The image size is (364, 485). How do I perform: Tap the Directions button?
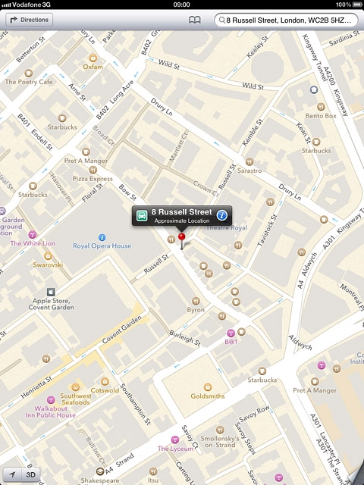pyautogui.click(x=30, y=20)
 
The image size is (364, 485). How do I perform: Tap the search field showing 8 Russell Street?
pyautogui.click(x=287, y=20)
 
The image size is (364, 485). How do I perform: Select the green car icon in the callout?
pyautogui.click(x=142, y=215)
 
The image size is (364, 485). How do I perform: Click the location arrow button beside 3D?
pyautogui.click(x=11, y=475)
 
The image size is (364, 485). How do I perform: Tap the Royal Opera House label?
pyautogui.click(x=102, y=246)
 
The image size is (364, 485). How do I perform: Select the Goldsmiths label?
pyautogui.click(x=207, y=396)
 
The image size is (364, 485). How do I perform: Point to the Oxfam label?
pyautogui.click(x=93, y=66)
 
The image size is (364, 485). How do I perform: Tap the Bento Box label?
pyautogui.click(x=321, y=115)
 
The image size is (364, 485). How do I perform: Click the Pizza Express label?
pyautogui.click(x=93, y=179)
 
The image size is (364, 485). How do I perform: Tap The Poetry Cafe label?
pyautogui.click(x=29, y=81)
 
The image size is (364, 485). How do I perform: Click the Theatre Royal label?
pyautogui.click(x=226, y=227)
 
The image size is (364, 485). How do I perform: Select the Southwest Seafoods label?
pyautogui.click(x=76, y=399)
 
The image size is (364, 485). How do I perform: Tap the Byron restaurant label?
pyautogui.click(x=196, y=309)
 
